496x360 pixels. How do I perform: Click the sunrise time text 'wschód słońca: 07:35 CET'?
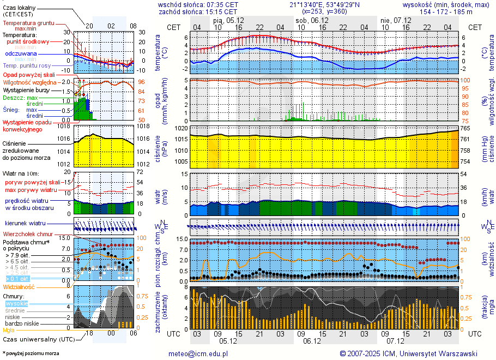pos(198,4)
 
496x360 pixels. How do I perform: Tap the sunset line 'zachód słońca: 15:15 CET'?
pos(198,11)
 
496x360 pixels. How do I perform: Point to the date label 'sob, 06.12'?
pos(309,20)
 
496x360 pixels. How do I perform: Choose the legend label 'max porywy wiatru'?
pos(31,190)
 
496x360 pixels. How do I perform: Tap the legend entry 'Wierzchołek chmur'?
pos(28,234)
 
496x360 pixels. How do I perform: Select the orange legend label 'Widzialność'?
pos(19,286)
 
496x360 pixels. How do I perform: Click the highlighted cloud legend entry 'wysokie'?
pos(16,303)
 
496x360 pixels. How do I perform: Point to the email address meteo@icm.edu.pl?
pos(197,353)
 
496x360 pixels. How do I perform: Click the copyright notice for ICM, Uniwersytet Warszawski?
pos(408,353)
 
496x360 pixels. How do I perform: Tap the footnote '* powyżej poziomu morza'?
pos(31,353)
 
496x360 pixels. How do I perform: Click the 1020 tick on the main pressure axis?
pos(180,128)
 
